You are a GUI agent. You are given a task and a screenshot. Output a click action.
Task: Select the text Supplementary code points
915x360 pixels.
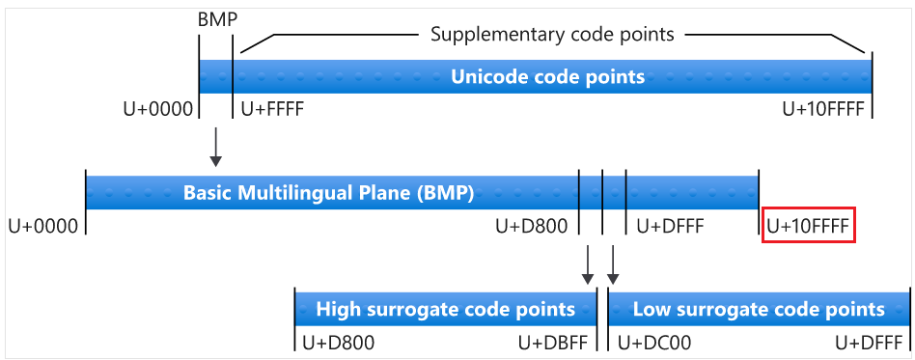(x=552, y=35)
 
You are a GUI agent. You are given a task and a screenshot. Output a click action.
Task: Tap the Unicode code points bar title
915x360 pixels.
(x=547, y=76)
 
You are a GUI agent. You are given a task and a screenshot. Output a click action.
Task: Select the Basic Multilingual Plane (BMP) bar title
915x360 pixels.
(x=328, y=192)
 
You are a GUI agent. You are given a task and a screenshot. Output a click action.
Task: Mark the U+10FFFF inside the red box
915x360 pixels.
(x=808, y=227)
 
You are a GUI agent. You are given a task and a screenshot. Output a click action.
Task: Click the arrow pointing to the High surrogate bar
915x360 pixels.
(x=588, y=264)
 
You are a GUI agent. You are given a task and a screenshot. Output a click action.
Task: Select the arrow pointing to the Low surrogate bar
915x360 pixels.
(x=613, y=264)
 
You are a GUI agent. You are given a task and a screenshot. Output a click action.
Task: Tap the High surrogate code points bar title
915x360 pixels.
(x=445, y=310)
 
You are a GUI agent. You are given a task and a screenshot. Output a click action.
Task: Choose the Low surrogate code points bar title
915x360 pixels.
(x=759, y=310)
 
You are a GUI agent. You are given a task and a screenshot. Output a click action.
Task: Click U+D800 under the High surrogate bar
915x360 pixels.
(x=339, y=343)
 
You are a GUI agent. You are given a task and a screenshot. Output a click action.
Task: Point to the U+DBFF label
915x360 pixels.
(x=553, y=343)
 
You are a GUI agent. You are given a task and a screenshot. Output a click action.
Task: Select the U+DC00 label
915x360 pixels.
(x=654, y=343)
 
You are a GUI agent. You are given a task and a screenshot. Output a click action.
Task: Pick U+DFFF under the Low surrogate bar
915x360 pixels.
(x=870, y=343)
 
